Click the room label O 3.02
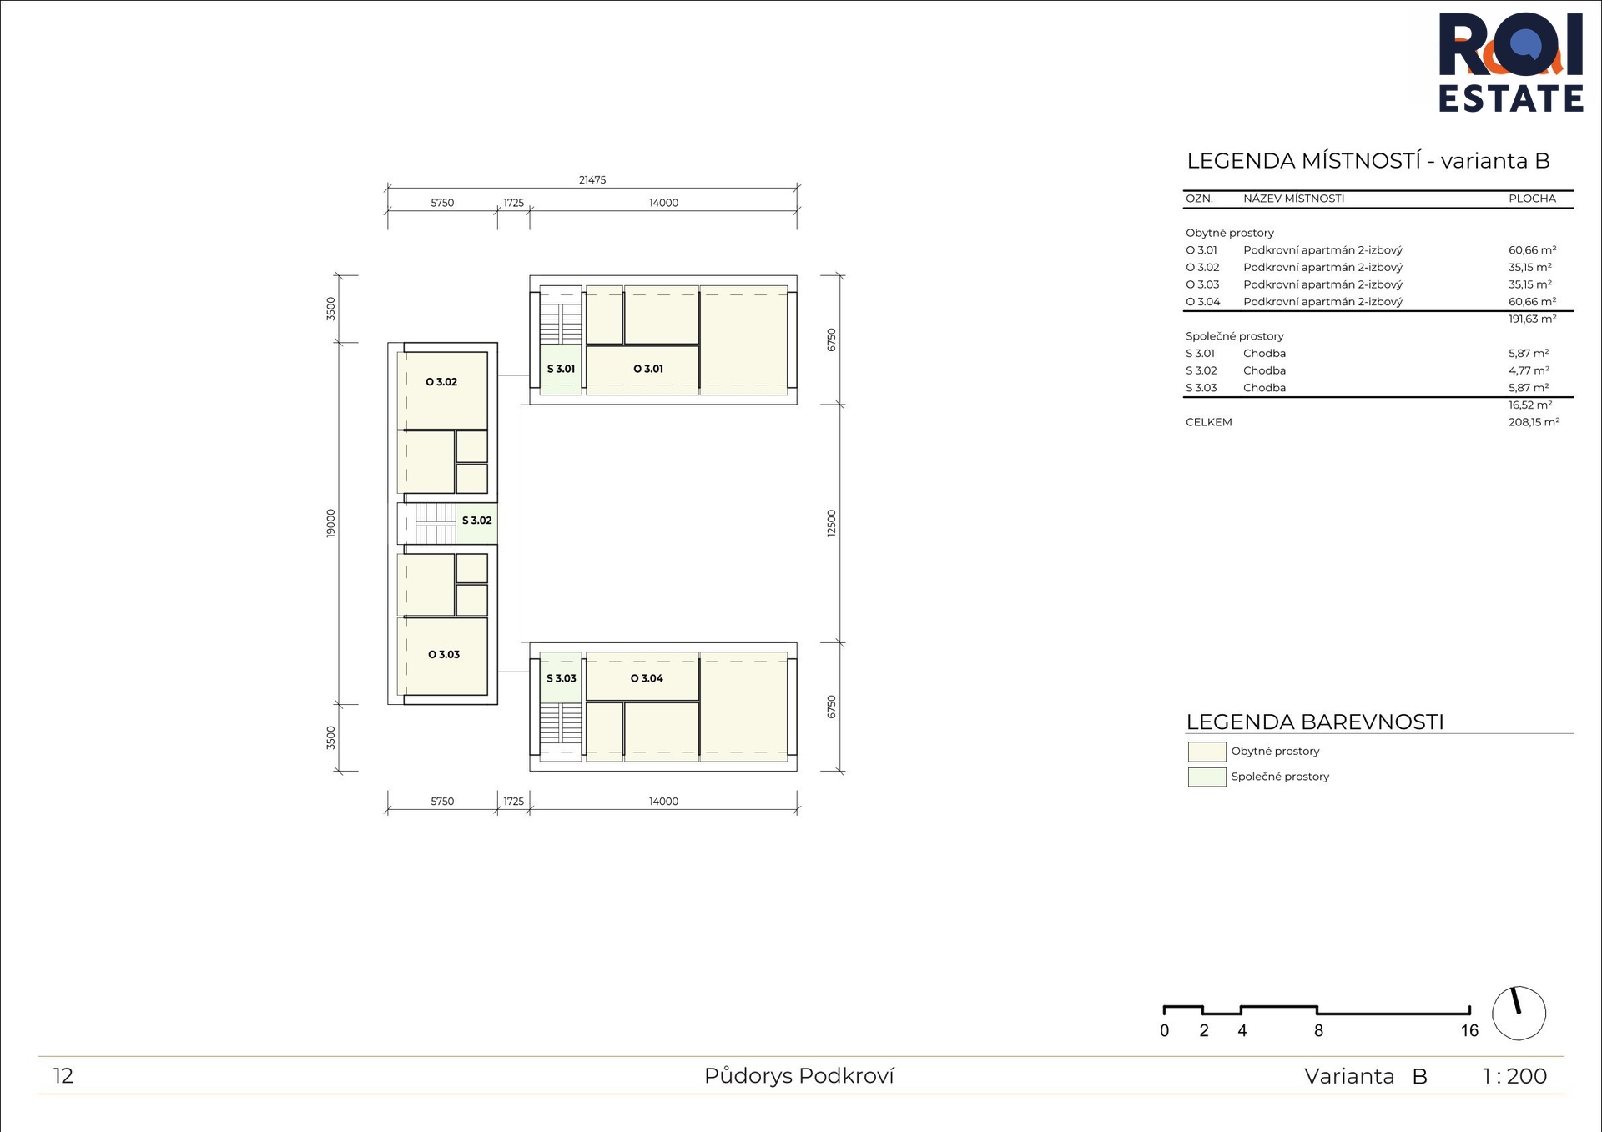click(x=441, y=382)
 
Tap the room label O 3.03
click(x=444, y=655)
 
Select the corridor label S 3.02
click(x=476, y=521)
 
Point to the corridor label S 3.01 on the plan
click(x=561, y=369)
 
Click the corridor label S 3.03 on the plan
click(x=562, y=678)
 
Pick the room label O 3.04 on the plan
click(x=647, y=678)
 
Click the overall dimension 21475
click(x=592, y=180)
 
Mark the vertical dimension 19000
click(x=331, y=523)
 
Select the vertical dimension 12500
click(x=831, y=523)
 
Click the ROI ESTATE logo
click(x=1511, y=63)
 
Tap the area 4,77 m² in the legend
click(x=1529, y=370)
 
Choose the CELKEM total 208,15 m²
click(x=1534, y=422)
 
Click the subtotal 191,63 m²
click(x=1532, y=319)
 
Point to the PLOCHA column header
click(x=1532, y=199)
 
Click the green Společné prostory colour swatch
click(x=1207, y=777)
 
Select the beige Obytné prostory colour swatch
click(x=1207, y=752)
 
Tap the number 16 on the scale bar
click(x=1469, y=1031)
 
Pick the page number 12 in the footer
click(x=63, y=1076)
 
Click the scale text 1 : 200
click(x=1514, y=1076)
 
